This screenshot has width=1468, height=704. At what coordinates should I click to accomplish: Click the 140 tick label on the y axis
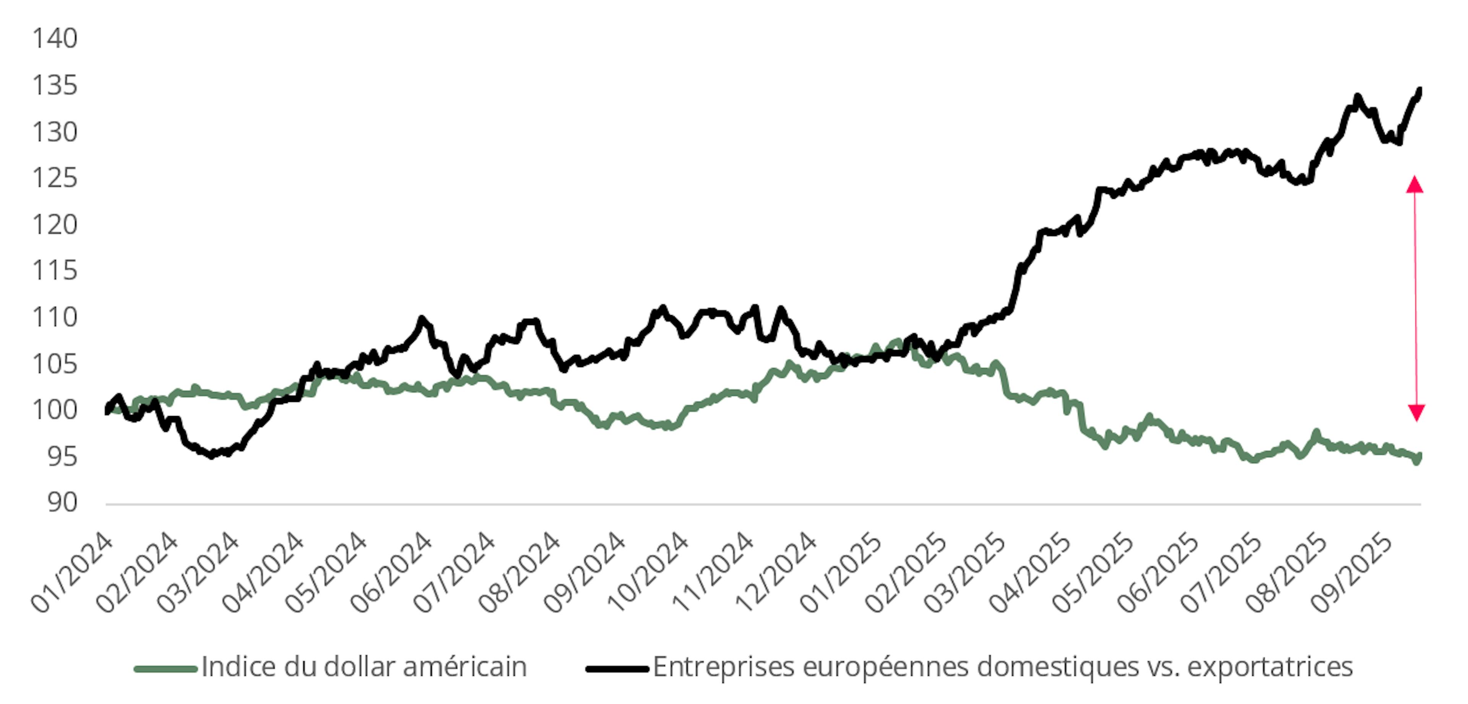coord(55,39)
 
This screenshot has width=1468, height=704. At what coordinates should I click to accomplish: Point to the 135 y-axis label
coord(55,86)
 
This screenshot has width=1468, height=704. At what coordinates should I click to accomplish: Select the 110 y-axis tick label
coord(55,317)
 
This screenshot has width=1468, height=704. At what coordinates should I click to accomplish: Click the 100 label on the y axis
coord(55,410)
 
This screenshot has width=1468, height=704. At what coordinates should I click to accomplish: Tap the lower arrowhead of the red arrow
coord(1416,412)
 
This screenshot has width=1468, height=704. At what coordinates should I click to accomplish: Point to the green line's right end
coord(1419,456)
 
